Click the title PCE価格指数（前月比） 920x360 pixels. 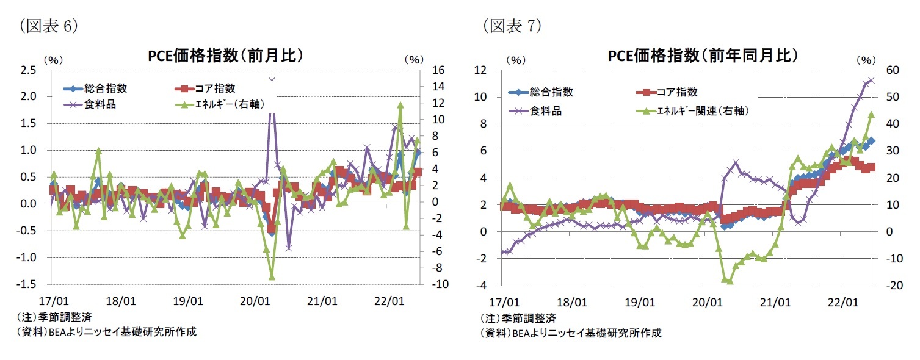pos(226,56)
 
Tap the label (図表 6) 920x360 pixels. pos(48,25)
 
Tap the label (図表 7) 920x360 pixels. pos(512,25)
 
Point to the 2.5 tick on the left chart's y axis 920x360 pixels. pos(29,70)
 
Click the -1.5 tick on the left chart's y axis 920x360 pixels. pos(27,284)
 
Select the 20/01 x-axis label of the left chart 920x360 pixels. pos(255,301)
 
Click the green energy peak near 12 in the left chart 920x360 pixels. pos(400,105)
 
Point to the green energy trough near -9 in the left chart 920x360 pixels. pos(272,276)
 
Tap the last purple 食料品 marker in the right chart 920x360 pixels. pos(872,79)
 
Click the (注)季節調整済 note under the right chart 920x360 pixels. pos(519,319)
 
